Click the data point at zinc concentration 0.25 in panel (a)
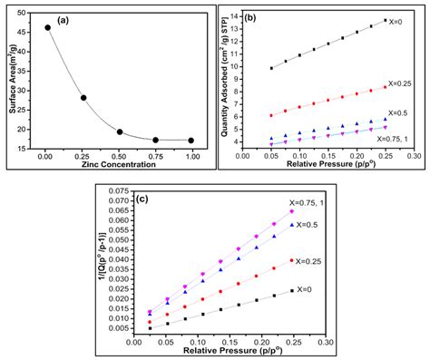[83, 98]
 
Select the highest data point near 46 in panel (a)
[48, 27]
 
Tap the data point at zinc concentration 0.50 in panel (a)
[120, 131]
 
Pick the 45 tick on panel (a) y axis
[24, 31]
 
